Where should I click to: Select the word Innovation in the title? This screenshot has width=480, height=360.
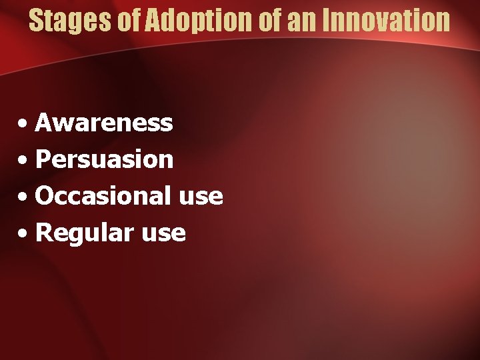pyautogui.click(x=386, y=20)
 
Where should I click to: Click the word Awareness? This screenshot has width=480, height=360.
pyautogui.click(x=104, y=123)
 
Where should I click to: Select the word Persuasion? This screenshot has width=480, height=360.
pyautogui.click(x=104, y=159)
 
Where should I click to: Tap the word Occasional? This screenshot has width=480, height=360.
pyautogui.click(x=103, y=196)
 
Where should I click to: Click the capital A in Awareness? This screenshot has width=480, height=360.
pyautogui.click(x=45, y=123)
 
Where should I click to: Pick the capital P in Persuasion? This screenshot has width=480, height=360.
pyautogui.click(x=43, y=159)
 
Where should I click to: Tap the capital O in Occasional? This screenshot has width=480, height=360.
pyautogui.click(x=45, y=196)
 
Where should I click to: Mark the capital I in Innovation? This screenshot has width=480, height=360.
pyautogui.click(x=326, y=20)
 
